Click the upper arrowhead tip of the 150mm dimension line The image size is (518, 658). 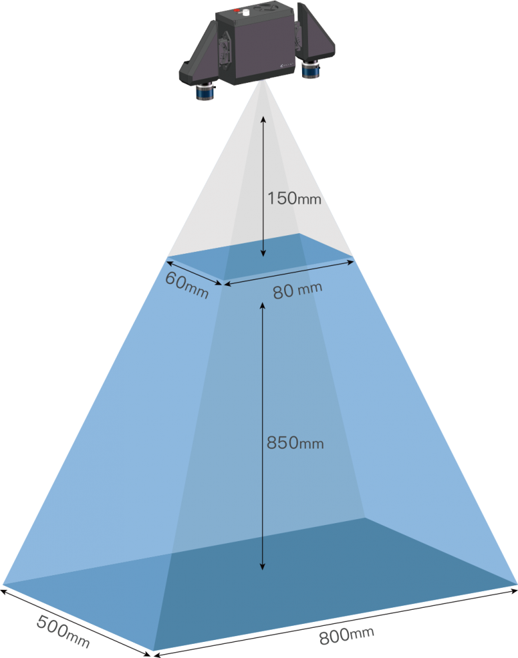pos(263,117)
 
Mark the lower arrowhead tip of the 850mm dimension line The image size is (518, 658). pos(262,569)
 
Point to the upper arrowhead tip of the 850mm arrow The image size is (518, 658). pos(262,302)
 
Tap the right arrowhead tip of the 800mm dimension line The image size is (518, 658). pos(517,591)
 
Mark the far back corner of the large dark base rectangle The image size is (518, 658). pos(364,519)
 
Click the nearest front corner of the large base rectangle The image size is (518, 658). pos(153,651)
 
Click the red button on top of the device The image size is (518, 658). pos(237,10)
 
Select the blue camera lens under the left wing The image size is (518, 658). pos(206,91)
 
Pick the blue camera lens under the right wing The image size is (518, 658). pos(310,69)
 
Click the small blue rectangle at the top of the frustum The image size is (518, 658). pos(260,256)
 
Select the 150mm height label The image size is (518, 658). pos(294,199)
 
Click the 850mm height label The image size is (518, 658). pos(295,443)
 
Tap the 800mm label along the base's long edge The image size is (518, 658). pos(346,636)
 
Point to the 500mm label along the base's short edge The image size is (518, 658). pos(63,631)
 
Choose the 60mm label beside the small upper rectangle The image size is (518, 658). pos(187,285)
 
